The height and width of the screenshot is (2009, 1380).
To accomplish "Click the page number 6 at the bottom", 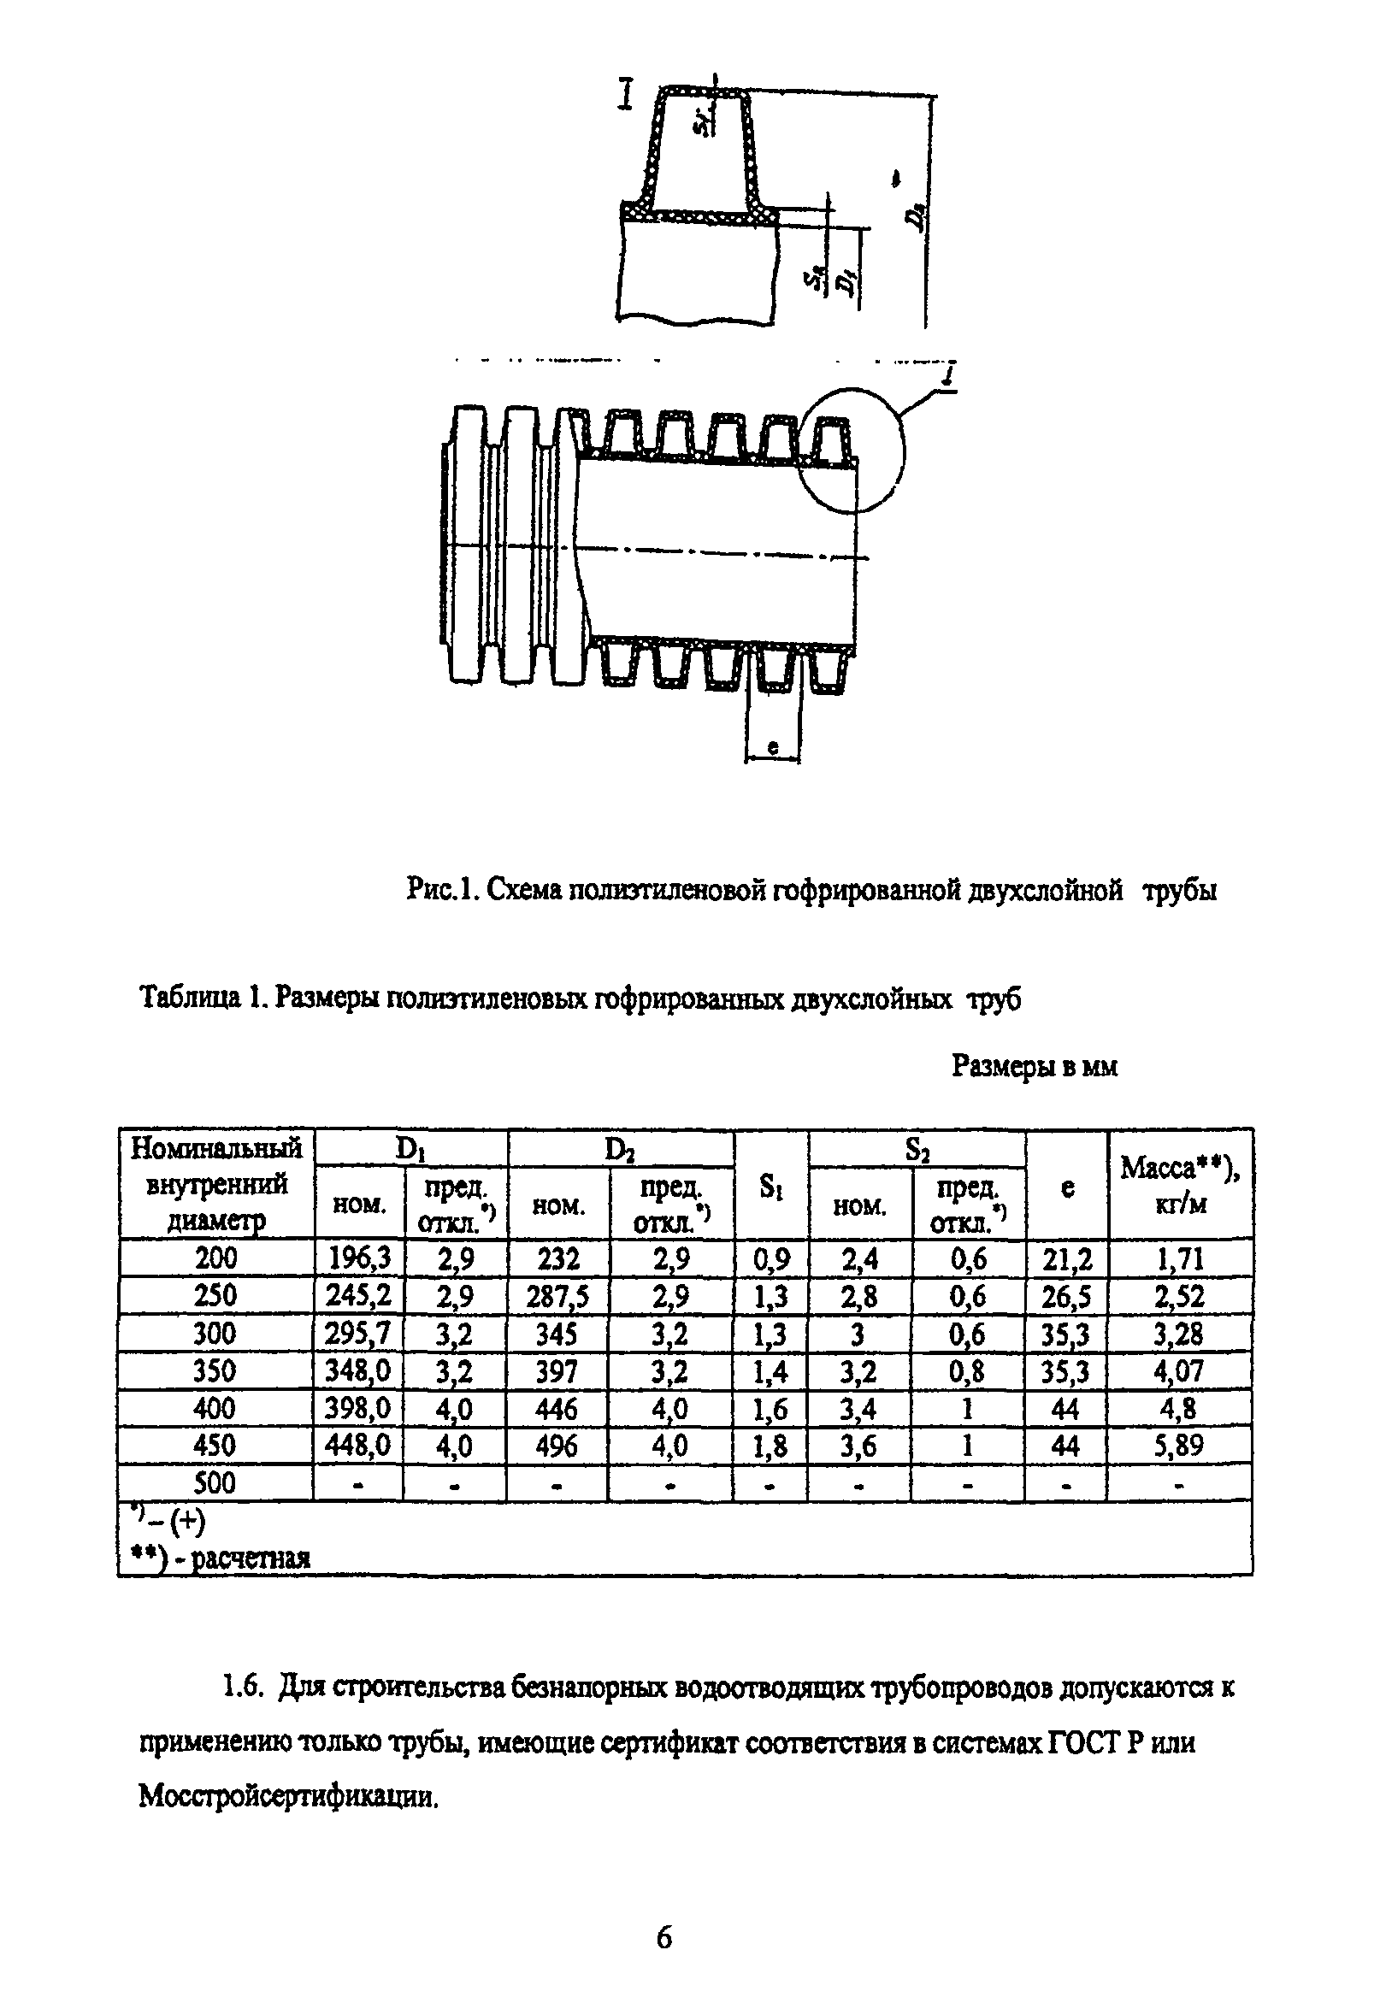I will [663, 1938].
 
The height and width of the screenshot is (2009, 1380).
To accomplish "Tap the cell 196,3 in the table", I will [358, 1258].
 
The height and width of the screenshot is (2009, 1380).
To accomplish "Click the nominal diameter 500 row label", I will [215, 1482].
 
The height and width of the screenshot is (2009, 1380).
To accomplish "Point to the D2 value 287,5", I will [557, 1296].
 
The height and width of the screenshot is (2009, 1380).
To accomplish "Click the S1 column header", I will [770, 1187].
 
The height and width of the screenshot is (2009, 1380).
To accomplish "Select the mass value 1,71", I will [1178, 1258].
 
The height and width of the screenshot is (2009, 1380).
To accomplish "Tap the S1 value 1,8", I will [770, 1446].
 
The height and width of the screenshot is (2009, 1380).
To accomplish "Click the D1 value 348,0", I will [358, 1370].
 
